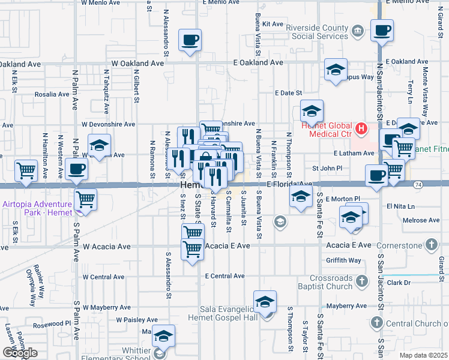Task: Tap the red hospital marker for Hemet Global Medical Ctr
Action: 361,128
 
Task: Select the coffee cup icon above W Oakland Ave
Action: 190,40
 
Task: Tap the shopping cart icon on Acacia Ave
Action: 192,247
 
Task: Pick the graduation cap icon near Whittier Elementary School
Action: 163,337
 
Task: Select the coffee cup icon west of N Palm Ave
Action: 76,169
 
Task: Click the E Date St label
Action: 288,93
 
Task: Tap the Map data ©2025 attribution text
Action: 424,355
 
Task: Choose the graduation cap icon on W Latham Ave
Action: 99,146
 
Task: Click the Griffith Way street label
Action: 343,260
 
